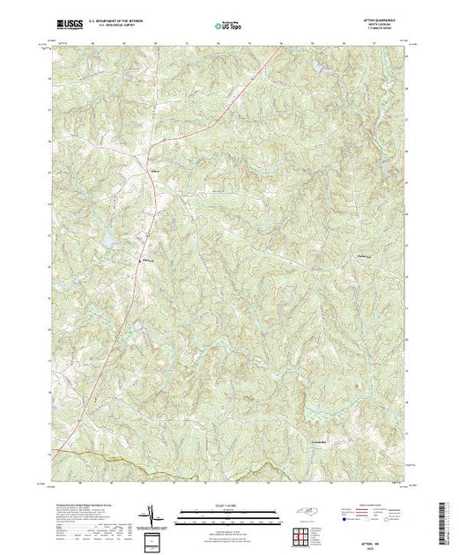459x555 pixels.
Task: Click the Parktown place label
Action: pos(359,257)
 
